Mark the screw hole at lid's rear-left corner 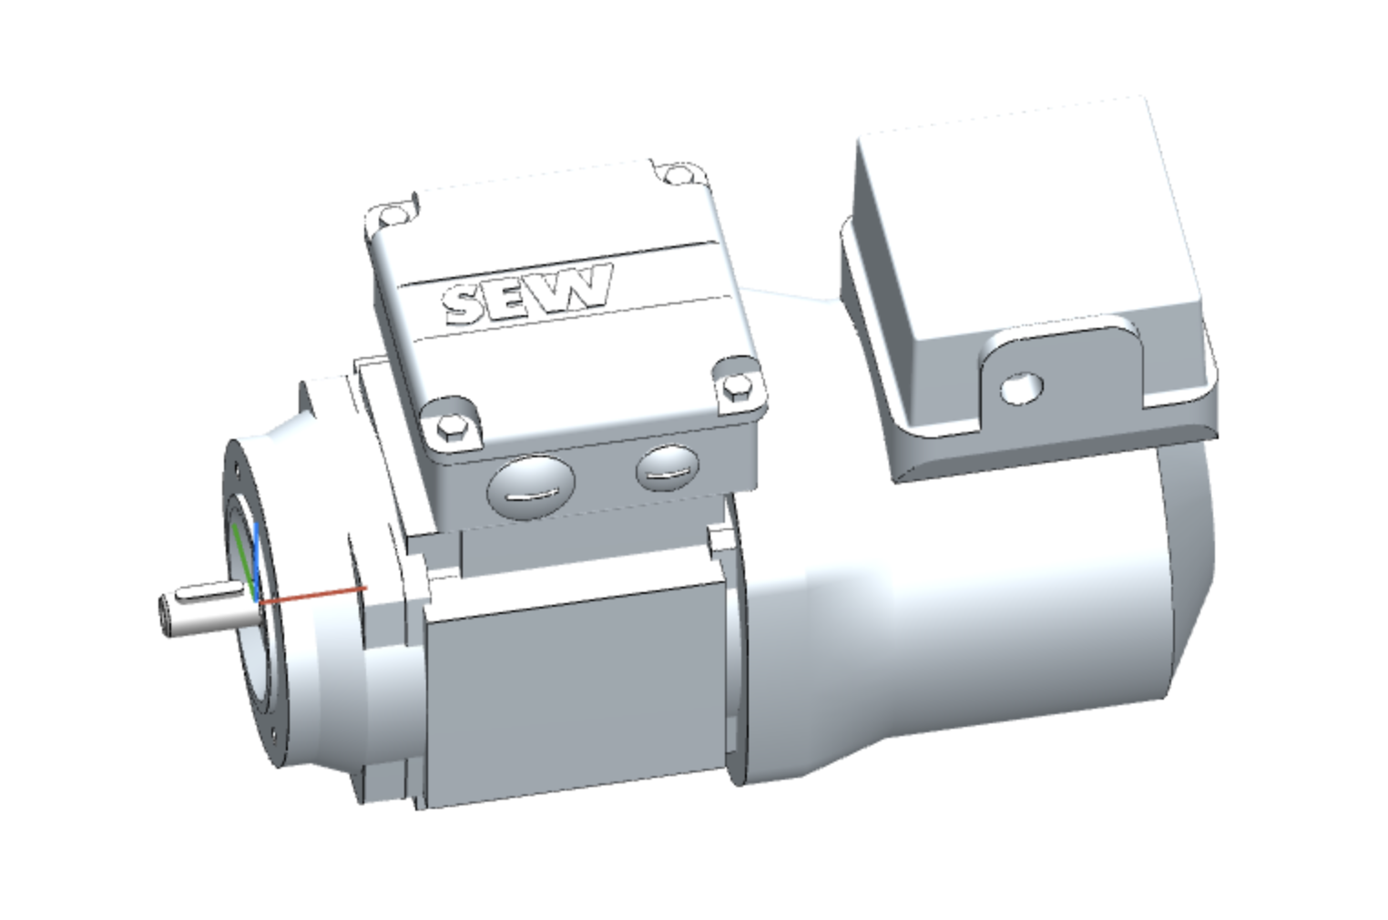[x=392, y=215]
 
